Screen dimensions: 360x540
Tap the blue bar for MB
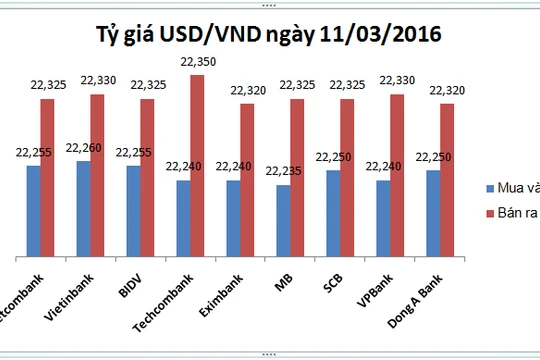coord(283,219)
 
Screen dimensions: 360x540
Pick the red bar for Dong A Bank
coord(447,179)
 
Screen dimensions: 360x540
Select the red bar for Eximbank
coord(247,179)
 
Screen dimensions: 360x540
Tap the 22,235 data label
coord(283,172)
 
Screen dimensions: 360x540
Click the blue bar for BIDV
coord(133,209)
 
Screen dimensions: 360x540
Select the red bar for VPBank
coord(397,174)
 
